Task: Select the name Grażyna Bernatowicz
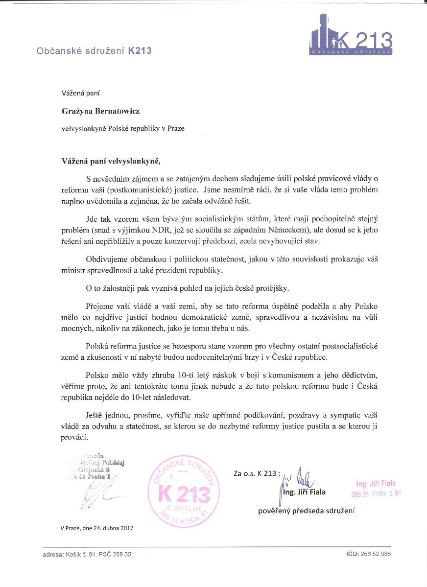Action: coord(100,111)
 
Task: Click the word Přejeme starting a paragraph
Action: coord(101,306)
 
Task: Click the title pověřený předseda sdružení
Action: coord(306,511)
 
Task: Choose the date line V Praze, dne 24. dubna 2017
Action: coord(97,528)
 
